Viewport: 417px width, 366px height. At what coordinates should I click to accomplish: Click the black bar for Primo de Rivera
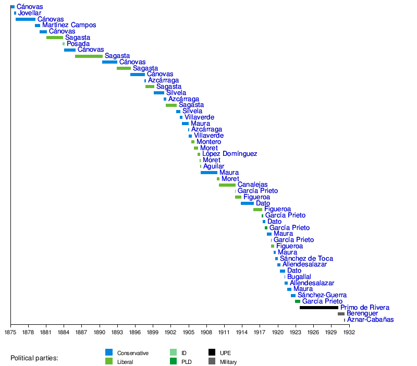click(318, 308)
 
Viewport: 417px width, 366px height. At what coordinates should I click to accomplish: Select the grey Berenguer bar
click(341, 314)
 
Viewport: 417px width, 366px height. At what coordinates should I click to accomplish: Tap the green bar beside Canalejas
click(227, 185)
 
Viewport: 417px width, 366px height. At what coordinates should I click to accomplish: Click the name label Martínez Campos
click(69, 25)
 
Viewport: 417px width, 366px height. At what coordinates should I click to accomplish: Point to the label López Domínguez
click(229, 154)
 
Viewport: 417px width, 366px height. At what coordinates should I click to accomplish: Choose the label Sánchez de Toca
click(306, 259)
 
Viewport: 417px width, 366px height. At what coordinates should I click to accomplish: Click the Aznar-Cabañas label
click(370, 320)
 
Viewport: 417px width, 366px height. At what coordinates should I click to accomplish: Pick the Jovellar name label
click(30, 13)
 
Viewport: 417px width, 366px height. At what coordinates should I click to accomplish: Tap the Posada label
click(78, 44)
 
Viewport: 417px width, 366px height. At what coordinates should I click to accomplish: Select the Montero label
click(208, 142)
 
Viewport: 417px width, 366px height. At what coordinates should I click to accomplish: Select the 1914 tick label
click(242, 332)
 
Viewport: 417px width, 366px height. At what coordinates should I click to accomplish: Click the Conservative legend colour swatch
click(109, 352)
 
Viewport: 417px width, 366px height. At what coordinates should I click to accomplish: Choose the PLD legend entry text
click(186, 362)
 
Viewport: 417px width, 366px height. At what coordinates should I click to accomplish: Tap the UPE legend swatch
click(212, 352)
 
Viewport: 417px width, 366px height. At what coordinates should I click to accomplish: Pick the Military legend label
click(228, 362)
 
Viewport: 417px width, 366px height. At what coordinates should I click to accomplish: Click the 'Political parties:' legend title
click(34, 358)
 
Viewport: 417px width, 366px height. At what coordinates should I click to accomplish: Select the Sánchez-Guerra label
click(322, 295)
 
